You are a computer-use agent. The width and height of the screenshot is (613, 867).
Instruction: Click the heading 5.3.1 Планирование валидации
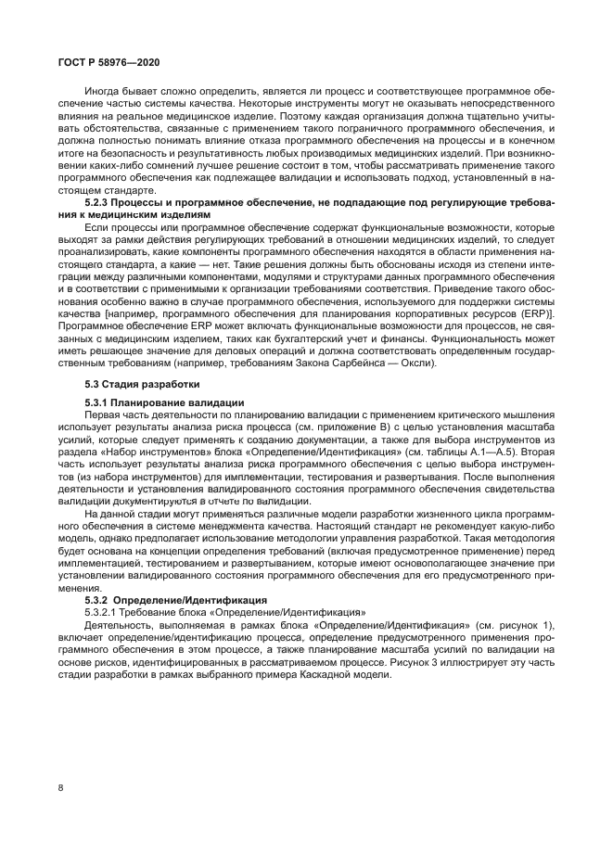[x=164, y=402]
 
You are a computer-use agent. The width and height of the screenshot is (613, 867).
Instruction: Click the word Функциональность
[x=468, y=338]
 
